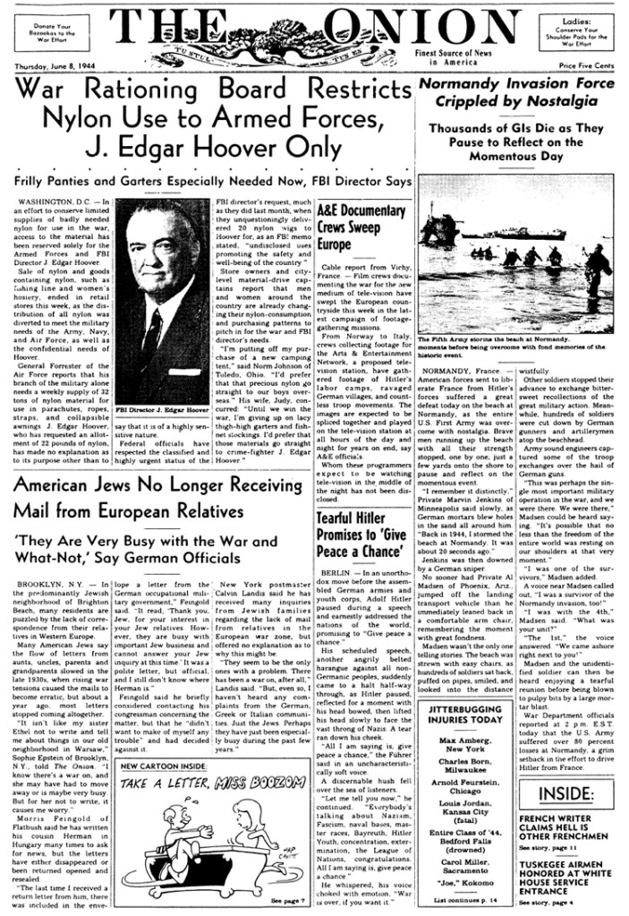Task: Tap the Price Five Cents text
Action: (579, 66)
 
